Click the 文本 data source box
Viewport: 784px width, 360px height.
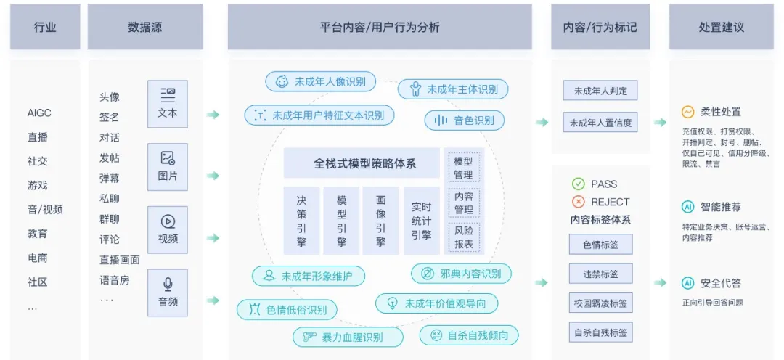pos(167,104)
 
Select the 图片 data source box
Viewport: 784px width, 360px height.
pos(167,167)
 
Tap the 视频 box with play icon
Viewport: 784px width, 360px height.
pos(167,229)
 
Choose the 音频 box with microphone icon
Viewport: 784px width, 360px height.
pos(167,292)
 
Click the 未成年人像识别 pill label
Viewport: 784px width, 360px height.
pos(320,82)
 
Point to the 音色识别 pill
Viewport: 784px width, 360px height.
pos(464,120)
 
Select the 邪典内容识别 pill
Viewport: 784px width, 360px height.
pos(461,274)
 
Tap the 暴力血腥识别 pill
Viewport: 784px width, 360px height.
pos(348,337)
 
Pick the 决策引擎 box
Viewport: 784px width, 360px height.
pos(301,221)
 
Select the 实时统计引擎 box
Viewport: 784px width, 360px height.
pos(421,221)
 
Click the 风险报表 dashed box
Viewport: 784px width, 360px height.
pos(463,237)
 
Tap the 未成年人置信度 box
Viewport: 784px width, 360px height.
pos(600,123)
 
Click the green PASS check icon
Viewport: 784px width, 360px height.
pos(579,184)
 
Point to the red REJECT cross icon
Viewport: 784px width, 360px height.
pos(579,202)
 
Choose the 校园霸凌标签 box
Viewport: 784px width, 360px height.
pos(600,303)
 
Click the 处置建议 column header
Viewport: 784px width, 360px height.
pos(721,27)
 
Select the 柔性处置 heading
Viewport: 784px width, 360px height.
pos(721,112)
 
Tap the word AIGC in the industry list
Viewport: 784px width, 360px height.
pos(39,112)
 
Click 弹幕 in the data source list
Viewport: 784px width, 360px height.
pos(110,179)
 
